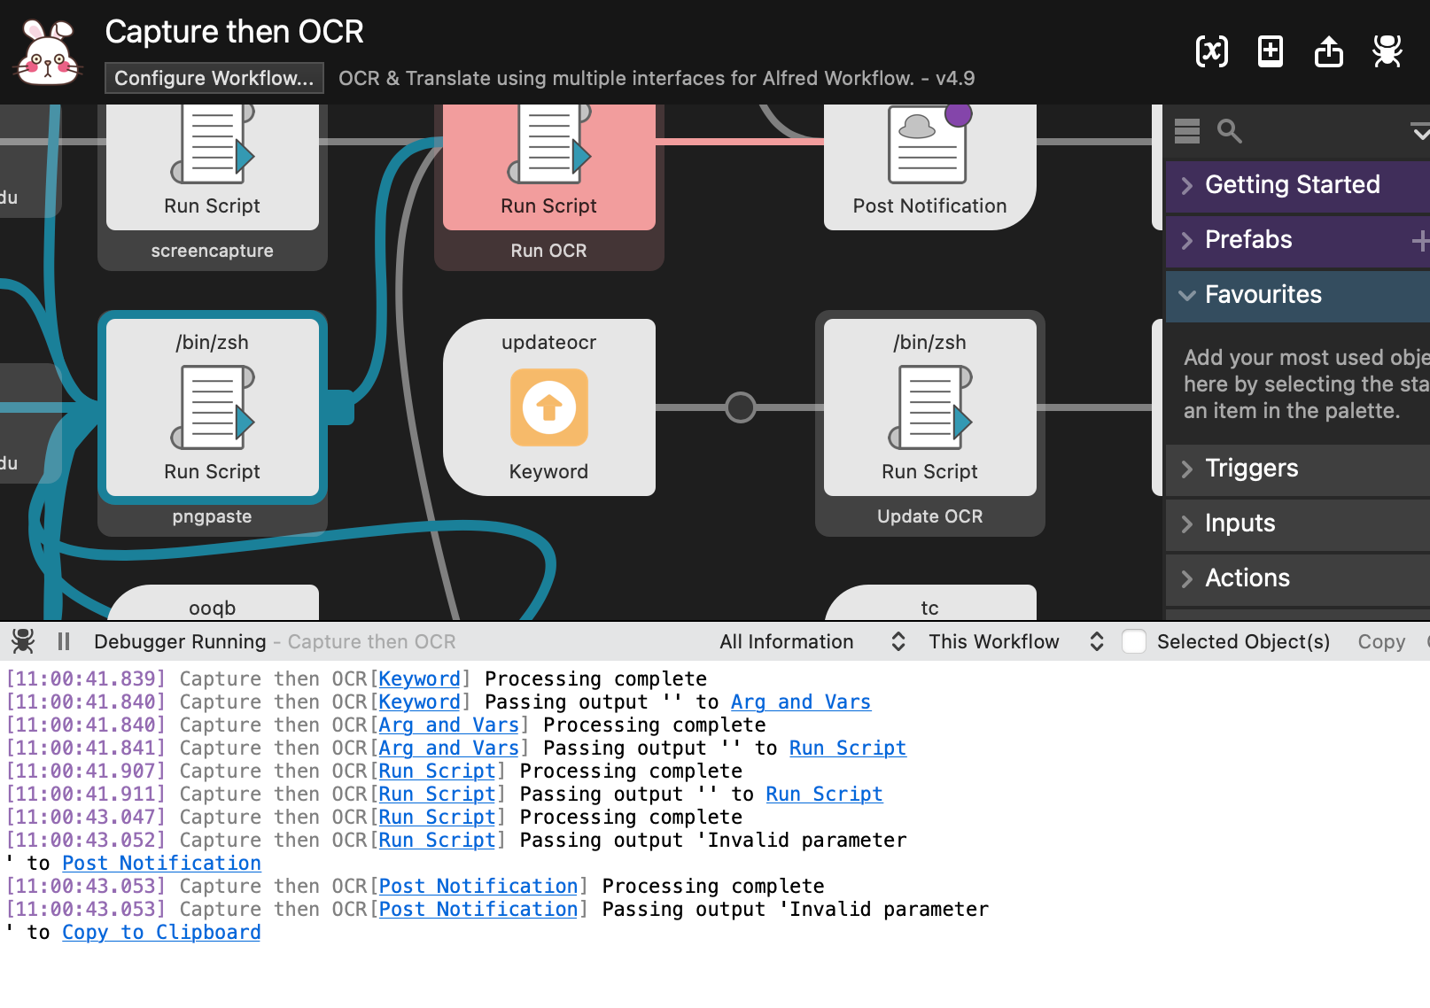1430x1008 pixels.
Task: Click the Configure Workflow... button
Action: click(x=214, y=78)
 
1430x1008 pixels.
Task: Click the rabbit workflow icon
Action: click(x=48, y=53)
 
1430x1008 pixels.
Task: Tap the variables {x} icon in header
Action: click(x=1211, y=51)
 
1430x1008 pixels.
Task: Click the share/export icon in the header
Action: click(x=1328, y=51)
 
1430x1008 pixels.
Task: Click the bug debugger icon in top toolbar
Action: click(x=1387, y=51)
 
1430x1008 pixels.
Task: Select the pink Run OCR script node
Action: click(x=548, y=168)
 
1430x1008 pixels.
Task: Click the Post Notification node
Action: click(x=929, y=168)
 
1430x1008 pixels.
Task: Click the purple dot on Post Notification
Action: click(x=958, y=114)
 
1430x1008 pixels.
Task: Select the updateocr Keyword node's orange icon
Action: click(x=548, y=407)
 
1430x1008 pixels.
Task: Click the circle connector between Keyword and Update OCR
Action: click(x=740, y=407)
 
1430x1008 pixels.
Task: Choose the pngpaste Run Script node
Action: click(x=213, y=407)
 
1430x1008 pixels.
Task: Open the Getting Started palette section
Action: click(x=1292, y=184)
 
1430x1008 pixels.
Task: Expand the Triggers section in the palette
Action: click(x=1251, y=468)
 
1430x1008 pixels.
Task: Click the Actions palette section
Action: click(x=1247, y=578)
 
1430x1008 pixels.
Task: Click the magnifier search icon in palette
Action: click(x=1229, y=131)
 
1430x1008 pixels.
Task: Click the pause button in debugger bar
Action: click(x=64, y=641)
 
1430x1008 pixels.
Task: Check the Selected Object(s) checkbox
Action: click(x=1134, y=641)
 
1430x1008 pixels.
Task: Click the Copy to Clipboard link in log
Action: click(x=161, y=932)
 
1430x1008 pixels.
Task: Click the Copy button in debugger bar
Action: click(x=1380, y=641)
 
